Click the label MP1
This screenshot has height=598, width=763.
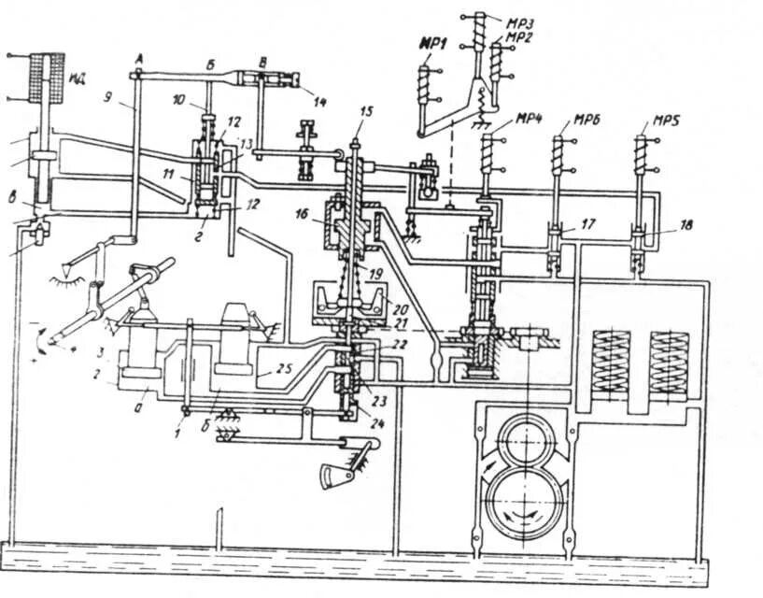pos(431,43)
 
